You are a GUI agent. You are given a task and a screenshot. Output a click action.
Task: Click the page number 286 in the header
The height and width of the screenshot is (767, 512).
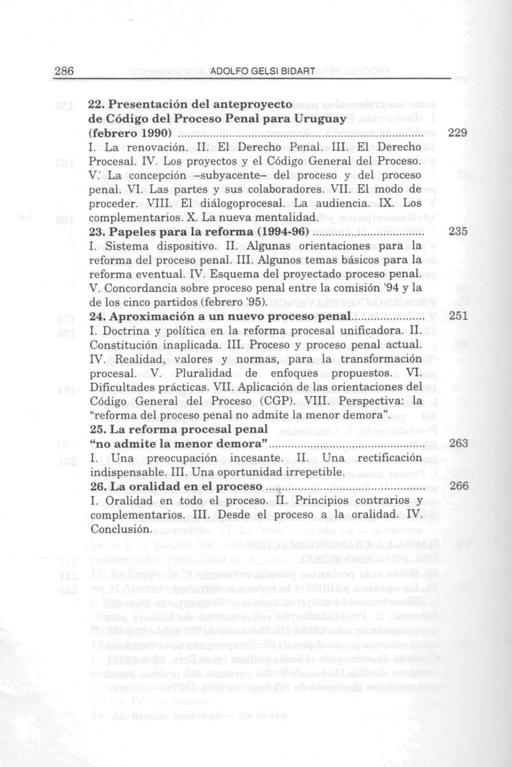pos(64,71)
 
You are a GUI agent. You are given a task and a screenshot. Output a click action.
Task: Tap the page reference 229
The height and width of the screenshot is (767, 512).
pos(458,133)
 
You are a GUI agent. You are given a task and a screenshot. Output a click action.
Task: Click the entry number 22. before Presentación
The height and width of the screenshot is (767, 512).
pos(96,105)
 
